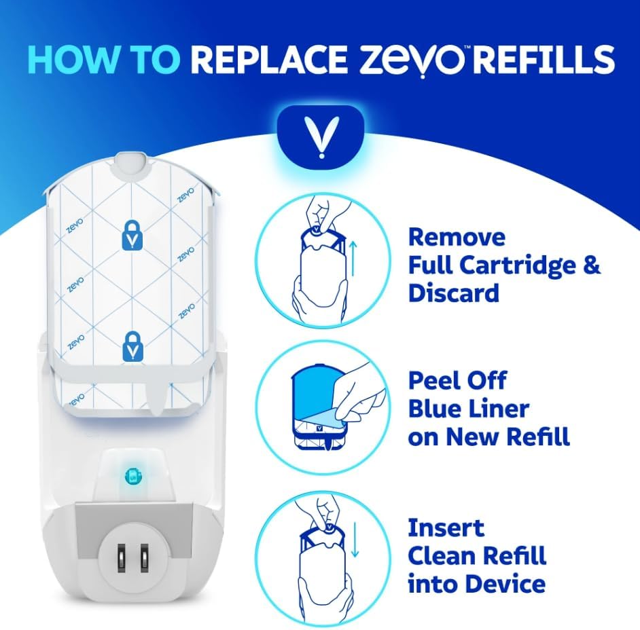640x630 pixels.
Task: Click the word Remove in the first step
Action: [x=457, y=238]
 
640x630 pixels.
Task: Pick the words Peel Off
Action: [x=457, y=381]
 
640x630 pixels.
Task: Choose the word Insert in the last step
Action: [x=446, y=527]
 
